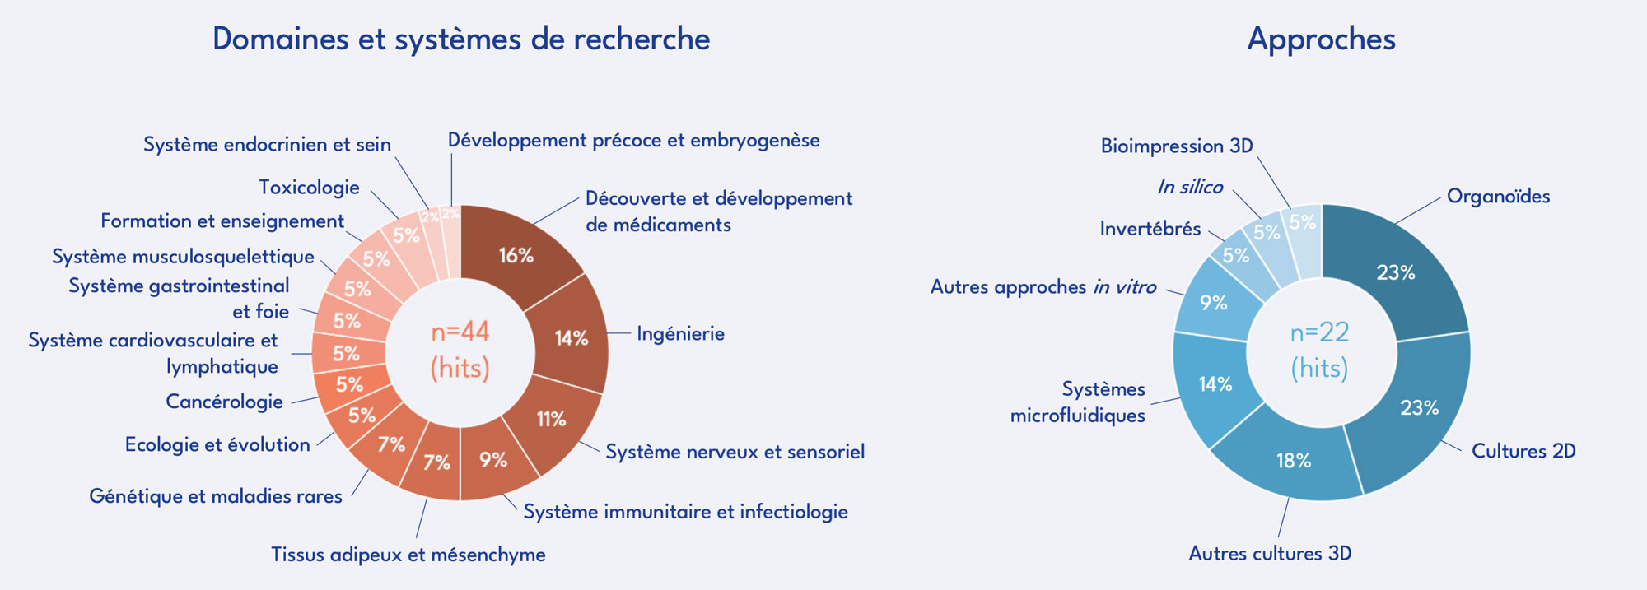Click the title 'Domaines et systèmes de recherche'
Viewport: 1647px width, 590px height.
point(461,39)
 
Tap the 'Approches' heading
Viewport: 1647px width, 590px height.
point(1321,39)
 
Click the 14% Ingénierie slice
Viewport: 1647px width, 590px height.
point(570,337)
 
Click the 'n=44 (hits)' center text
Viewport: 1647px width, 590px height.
point(460,350)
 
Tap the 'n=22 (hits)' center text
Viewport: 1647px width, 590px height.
point(1320,350)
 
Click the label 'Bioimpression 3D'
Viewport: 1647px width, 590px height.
point(1177,146)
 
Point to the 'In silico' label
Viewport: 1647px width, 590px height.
point(1190,187)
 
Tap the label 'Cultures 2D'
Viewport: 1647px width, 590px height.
point(1523,451)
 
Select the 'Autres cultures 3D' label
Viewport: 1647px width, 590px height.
point(1270,554)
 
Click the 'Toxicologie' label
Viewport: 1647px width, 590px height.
point(309,188)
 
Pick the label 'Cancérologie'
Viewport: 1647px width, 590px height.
point(224,402)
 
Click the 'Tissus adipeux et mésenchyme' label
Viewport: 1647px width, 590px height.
point(408,555)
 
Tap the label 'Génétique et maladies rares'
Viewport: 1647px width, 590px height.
point(216,496)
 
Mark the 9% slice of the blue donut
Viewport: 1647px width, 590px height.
point(1215,303)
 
